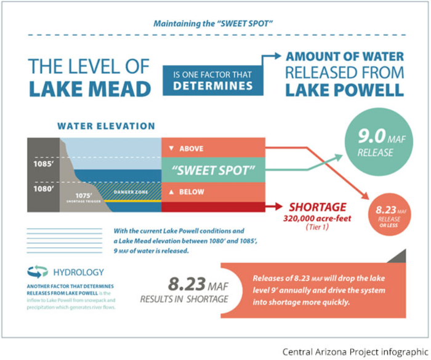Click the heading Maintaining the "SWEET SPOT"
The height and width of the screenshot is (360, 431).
click(x=216, y=25)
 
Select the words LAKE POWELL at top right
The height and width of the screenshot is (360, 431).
click(x=345, y=89)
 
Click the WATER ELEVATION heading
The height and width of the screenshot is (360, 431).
click(x=106, y=126)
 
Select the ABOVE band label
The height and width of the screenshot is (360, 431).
click(x=190, y=148)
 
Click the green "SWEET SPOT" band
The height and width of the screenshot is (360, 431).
click(x=212, y=169)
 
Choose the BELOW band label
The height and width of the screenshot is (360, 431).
click(x=190, y=192)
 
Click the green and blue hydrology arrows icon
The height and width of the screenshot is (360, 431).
click(x=38, y=272)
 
